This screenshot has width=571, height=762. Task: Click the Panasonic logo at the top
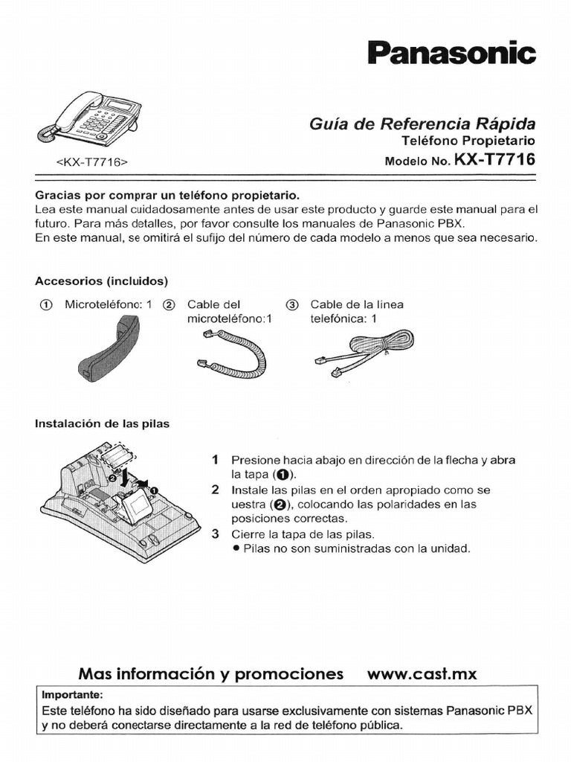(x=451, y=54)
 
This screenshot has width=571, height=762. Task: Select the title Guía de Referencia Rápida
(x=422, y=124)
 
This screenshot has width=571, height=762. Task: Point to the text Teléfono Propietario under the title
(x=468, y=141)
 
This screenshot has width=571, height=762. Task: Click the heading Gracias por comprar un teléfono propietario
(x=167, y=195)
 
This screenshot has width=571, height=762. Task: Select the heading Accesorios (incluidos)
(x=102, y=281)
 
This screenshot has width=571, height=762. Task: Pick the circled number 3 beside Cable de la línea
(x=291, y=305)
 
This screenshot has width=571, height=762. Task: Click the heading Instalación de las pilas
(x=103, y=423)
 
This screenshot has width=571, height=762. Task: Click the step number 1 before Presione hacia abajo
(x=215, y=460)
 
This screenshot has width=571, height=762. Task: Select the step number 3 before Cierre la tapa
(x=215, y=534)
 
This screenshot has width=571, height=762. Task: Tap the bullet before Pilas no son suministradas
(x=235, y=548)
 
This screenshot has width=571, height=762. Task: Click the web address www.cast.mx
(x=422, y=674)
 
